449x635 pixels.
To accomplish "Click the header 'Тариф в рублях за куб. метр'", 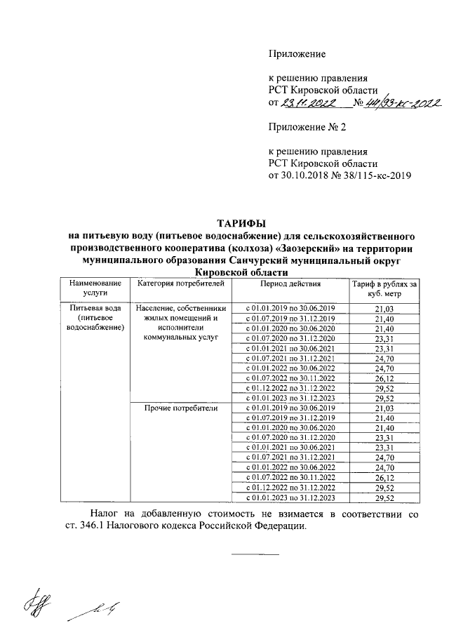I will click(x=384, y=288).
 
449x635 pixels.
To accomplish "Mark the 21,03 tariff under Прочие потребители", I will click(x=384, y=408).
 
